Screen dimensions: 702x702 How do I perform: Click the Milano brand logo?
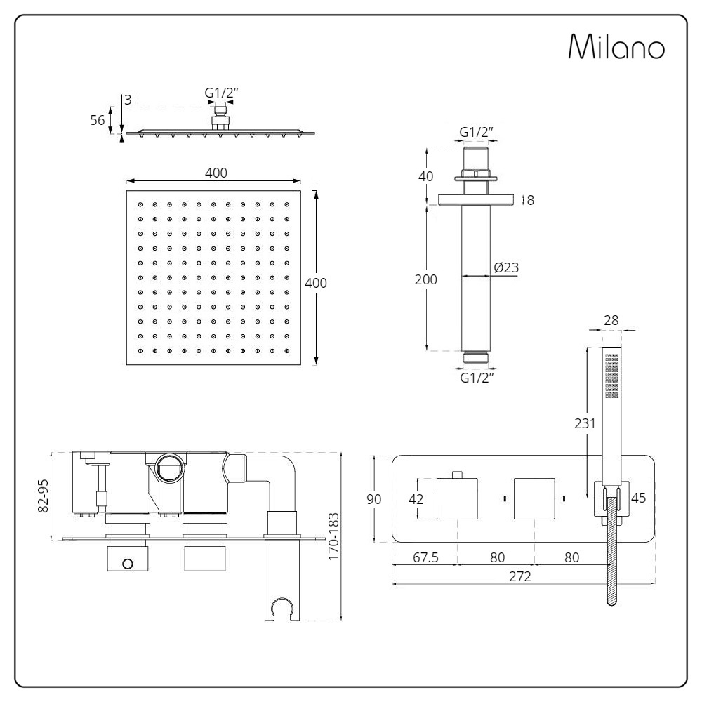pyautogui.click(x=616, y=47)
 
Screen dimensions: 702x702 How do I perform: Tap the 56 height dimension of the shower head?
pyautogui.click(x=97, y=120)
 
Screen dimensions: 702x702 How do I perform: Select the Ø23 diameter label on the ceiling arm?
pyautogui.click(x=506, y=267)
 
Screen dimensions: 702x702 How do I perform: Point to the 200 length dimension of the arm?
pyautogui.click(x=426, y=279)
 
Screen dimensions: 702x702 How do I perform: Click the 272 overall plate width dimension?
pyautogui.click(x=520, y=576)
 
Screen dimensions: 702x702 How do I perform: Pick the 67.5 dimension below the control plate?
pyautogui.click(x=426, y=557)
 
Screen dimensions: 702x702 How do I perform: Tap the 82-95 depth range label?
pyautogui.click(x=44, y=496)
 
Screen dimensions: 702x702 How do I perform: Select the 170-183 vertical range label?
pyautogui.click(x=333, y=536)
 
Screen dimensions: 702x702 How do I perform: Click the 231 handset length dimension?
pyautogui.click(x=585, y=423)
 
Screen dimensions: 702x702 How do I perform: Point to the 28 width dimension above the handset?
pyautogui.click(x=611, y=320)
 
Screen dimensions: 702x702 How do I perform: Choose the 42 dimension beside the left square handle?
pyautogui.click(x=416, y=498)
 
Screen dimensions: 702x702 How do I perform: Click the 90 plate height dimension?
pyautogui.click(x=374, y=498)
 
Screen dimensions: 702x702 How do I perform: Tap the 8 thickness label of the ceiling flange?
pyautogui.click(x=531, y=200)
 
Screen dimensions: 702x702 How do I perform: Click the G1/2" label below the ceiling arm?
pyautogui.click(x=477, y=378)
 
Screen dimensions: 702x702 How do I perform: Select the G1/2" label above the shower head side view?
pyautogui.click(x=221, y=93)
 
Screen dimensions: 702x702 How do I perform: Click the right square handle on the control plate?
pyautogui.click(x=534, y=498)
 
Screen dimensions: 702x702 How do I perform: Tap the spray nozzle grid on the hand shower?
pyautogui.click(x=611, y=376)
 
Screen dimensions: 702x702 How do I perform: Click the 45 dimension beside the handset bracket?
pyautogui.click(x=638, y=498)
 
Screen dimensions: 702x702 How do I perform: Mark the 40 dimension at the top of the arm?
pyautogui.click(x=426, y=176)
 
